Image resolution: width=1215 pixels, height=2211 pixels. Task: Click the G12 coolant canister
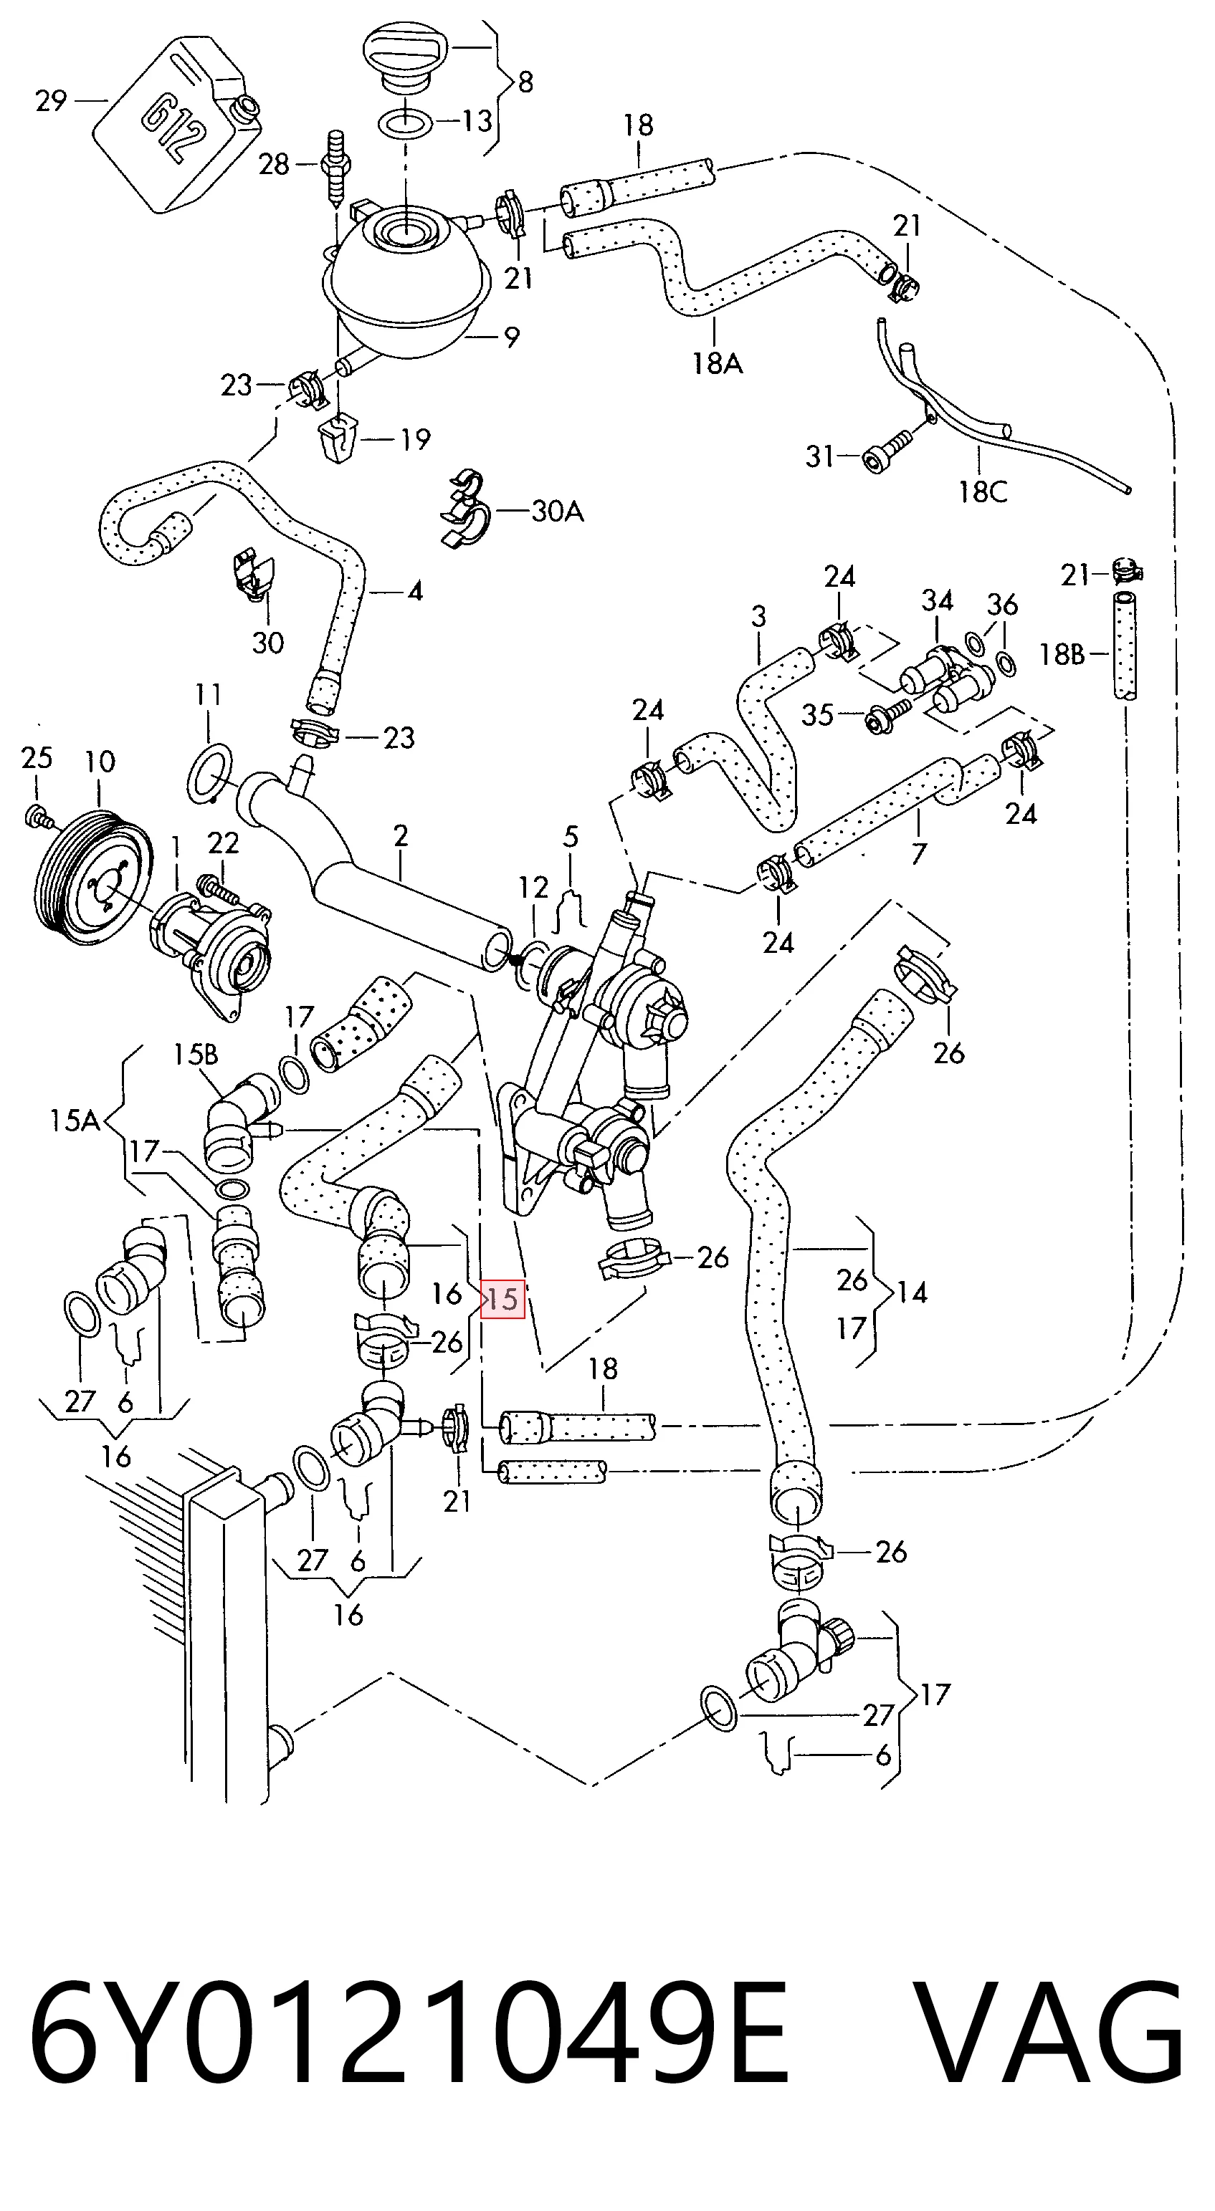(176, 122)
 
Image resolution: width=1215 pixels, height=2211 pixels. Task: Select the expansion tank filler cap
(407, 60)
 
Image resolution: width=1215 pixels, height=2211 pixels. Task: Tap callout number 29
(52, 101)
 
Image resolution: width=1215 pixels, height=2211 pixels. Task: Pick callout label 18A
(718, 364)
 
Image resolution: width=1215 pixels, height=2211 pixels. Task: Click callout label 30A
(557, 512)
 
